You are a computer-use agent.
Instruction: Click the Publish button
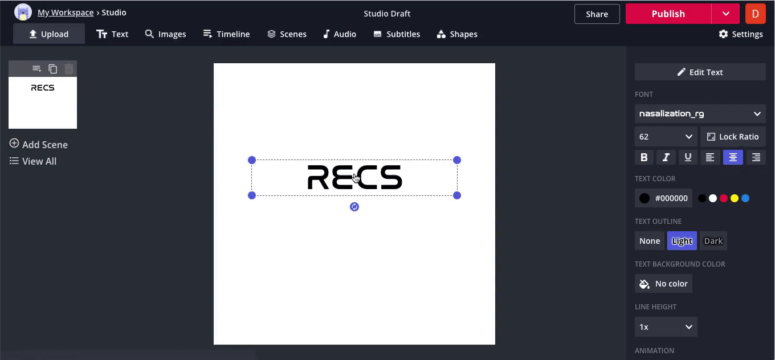668,14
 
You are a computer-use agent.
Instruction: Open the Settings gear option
741,34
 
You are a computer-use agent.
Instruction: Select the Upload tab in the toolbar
49,34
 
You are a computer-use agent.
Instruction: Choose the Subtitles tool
397,34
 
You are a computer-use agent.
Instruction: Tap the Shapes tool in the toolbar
457,34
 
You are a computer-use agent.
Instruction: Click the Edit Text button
700,72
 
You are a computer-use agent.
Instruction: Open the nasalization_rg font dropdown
700,114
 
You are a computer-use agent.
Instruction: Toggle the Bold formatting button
644,157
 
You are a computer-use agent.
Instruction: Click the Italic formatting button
666,157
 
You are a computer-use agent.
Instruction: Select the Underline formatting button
688,157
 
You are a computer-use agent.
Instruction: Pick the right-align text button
756,157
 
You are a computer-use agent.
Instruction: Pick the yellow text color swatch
735,198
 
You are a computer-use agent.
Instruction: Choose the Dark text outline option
713,241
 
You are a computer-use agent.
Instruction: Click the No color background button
663,284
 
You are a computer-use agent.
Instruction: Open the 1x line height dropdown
666,327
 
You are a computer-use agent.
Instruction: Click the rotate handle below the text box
354,207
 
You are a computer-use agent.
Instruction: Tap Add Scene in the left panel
38,144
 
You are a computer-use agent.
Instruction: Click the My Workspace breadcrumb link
66,13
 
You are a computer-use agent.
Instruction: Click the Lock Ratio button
733,137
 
